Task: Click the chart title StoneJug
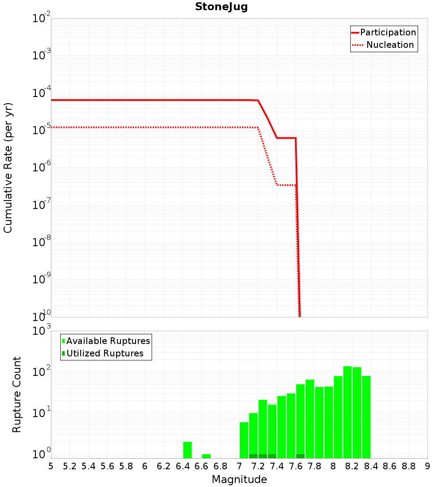[221, 7]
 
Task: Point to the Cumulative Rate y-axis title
[8, 168]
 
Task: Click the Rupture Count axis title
[17, 394]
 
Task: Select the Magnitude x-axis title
[239, 479]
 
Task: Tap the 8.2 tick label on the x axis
[352, 466]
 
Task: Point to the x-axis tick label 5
[51, 466]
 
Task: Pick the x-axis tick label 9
[427, 466]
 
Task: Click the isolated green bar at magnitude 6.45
[187, 449]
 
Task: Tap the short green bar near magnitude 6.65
[206, 456]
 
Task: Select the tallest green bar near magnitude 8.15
[347, 412]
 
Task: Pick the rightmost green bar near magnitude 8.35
[366, 416]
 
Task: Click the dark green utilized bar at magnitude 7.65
[300, 456]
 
